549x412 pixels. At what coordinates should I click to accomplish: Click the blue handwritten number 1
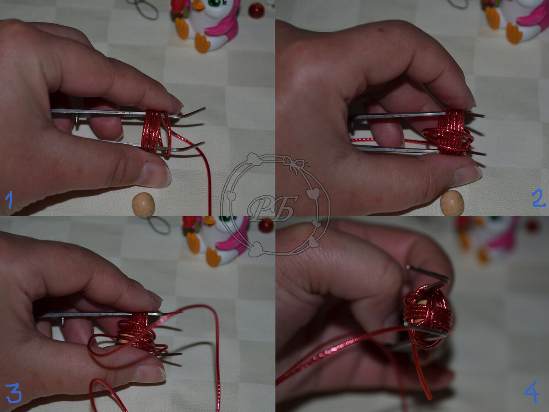pyautogui.click(x=10, y=200)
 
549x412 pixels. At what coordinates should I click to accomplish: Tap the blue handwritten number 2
pyautogui.click(x=539, y=198)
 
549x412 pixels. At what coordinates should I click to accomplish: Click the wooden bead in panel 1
pyautogui.click(x=144, y=204)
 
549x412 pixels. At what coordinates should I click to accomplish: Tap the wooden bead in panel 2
pyautogui.click(x=452, y=203)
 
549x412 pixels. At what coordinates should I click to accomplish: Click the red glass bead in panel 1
pyautogui.click(x=256, y=11)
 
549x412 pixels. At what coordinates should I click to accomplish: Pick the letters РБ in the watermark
pyautogui.click(x=273, y=209)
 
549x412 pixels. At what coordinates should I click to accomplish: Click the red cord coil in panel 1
pyautogui.click(x=156, y=132)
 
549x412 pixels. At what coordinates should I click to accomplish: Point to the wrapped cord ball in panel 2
pyautogui.click(x=448, y=132)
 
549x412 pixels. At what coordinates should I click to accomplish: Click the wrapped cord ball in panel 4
pyautogui.click(x=428, y=316)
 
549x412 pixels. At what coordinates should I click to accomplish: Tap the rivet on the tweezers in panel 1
pyautogui.click(x=76, y=118)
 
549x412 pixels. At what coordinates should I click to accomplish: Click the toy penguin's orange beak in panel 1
pyautogui.click(x=199, y=5)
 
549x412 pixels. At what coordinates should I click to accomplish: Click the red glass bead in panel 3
pyautogui.click(x=266, y=225)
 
